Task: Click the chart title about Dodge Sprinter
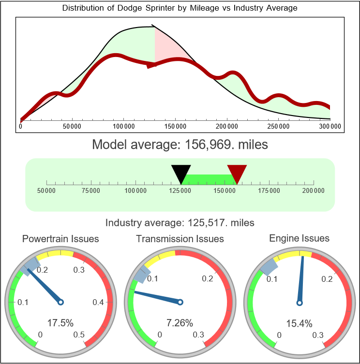pos(180,8)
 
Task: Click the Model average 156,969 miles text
pos(180,145)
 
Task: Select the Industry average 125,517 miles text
pos(180,223)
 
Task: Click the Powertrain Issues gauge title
pos(60,239)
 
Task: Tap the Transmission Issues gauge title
pos(180,239)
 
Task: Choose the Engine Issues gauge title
pos(299,238)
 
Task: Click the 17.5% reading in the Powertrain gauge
pos(60,323)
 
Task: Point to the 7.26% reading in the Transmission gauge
pos(180,323)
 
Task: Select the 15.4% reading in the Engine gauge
pos(299,323)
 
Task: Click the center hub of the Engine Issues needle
pos(299,303)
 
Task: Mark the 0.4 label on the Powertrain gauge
pos(98,303)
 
